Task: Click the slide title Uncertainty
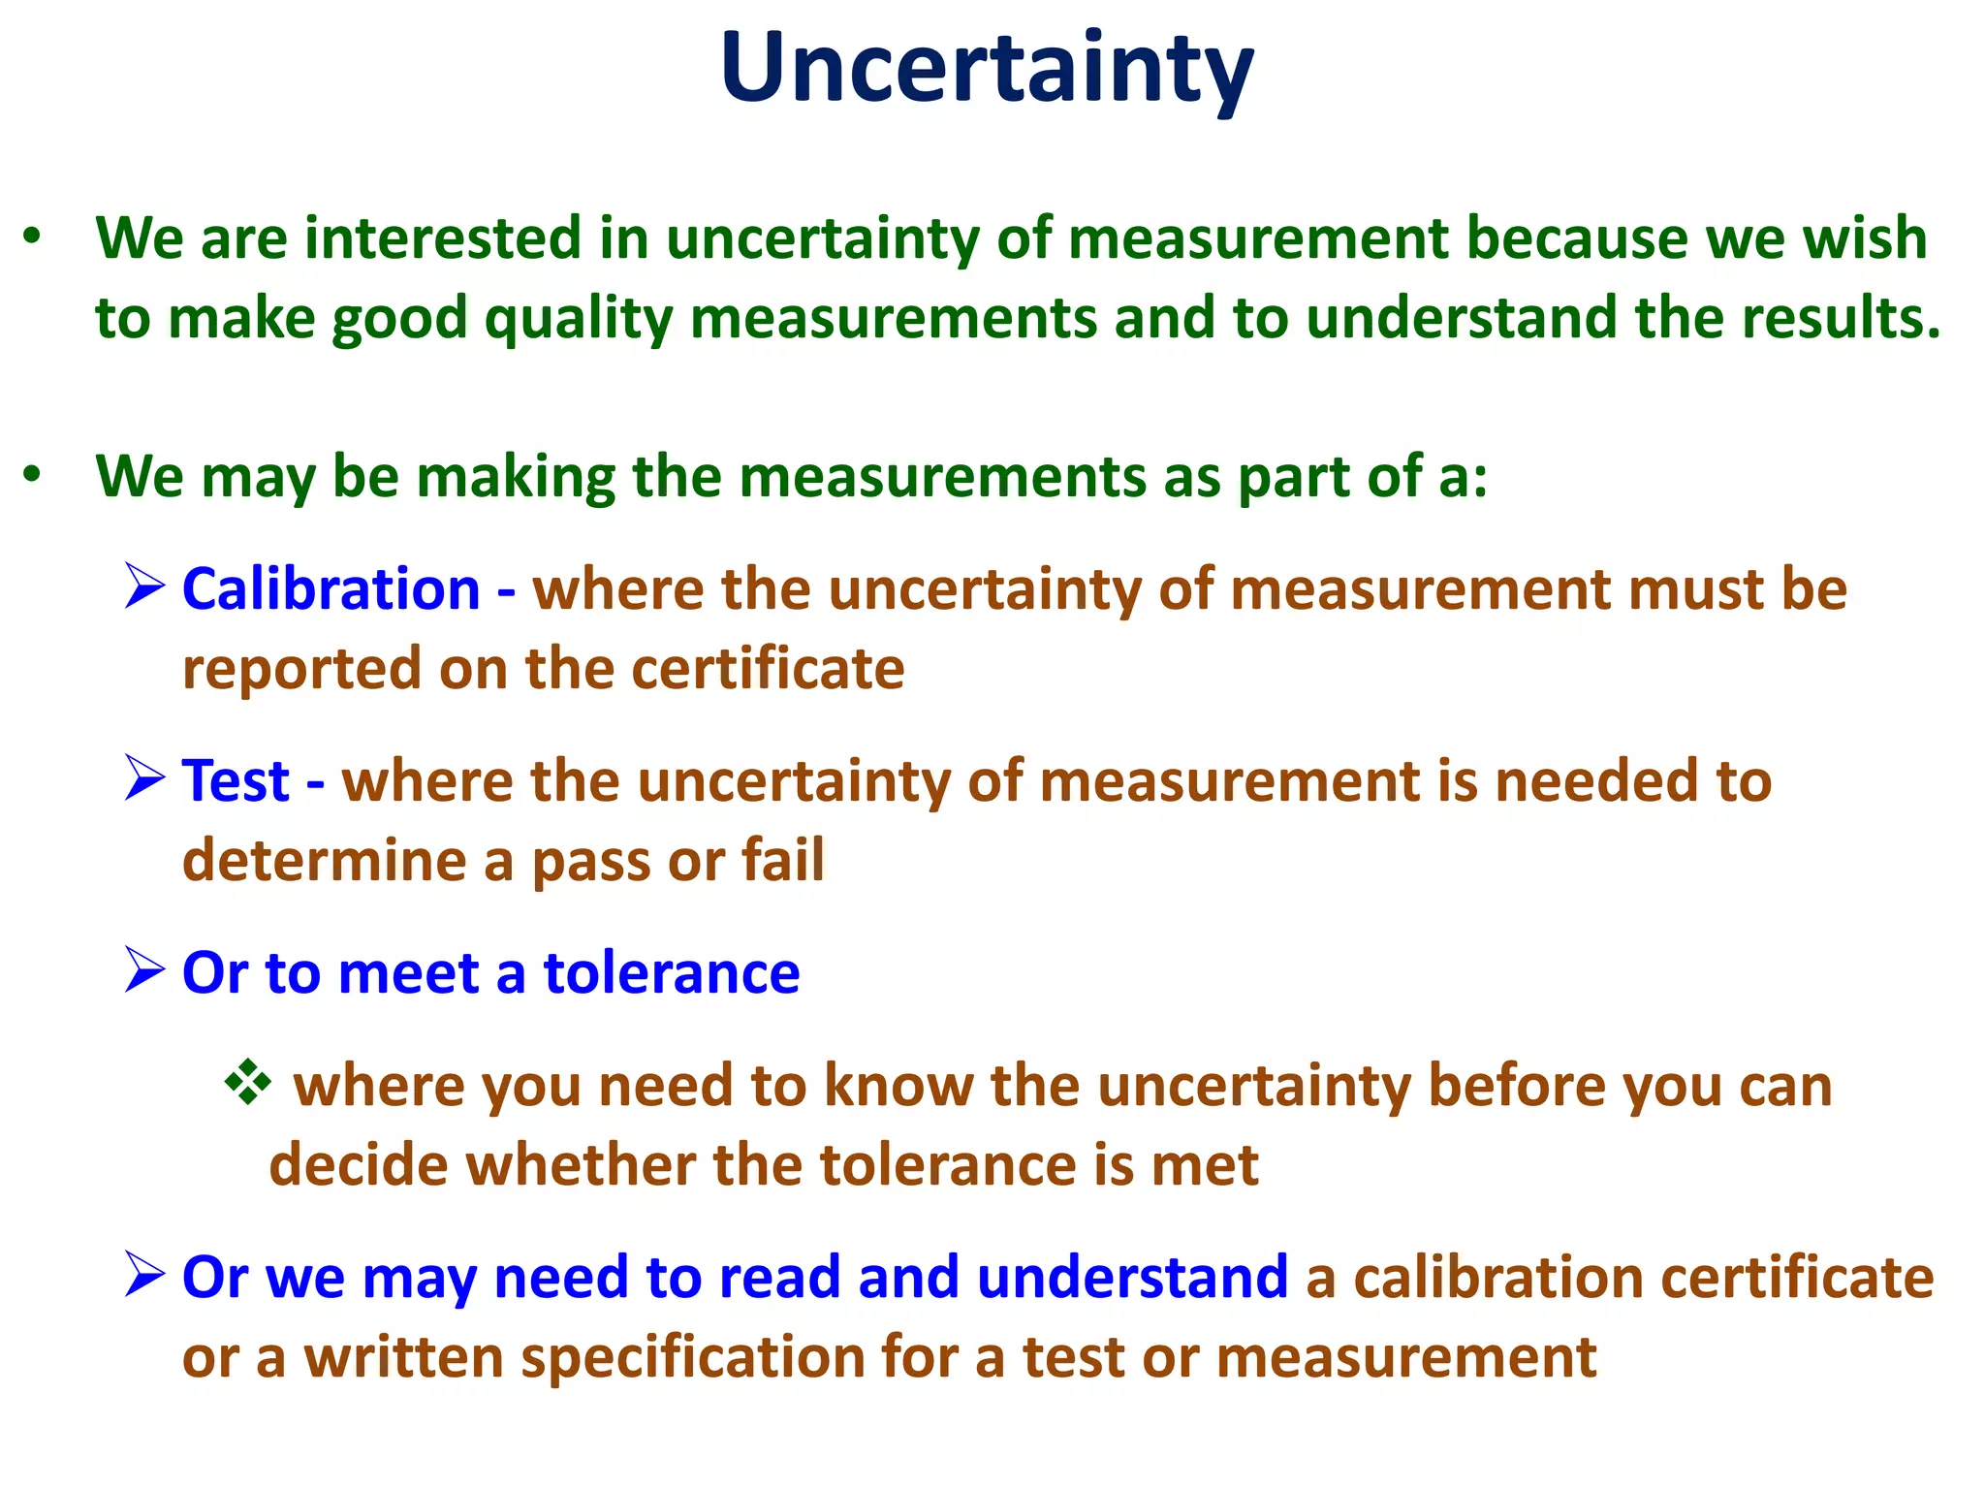point(987,68)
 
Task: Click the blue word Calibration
point(331,589)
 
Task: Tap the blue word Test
point(236,780)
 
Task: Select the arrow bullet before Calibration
point(144,587)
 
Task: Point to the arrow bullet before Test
point(144,778)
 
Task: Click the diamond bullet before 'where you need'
point(248,1083)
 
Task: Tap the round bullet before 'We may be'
point(33,475)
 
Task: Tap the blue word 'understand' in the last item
point(1132,1277)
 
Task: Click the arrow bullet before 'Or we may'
point(144,1275)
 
